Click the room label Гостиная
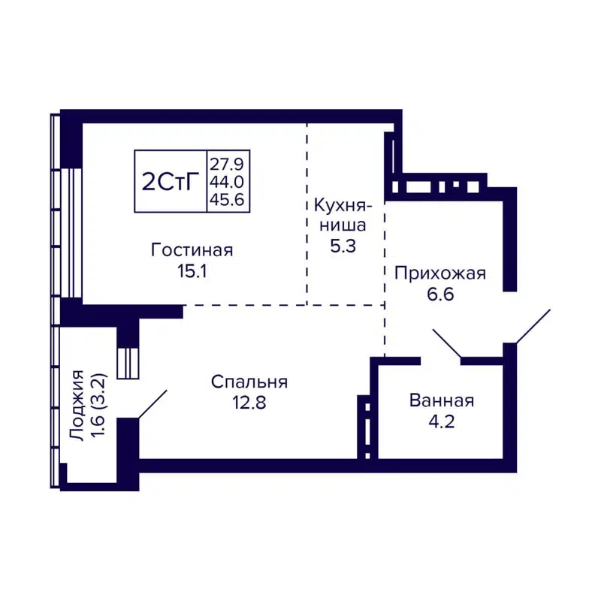click(x=192, y=250)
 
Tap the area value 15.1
click(x=192, y=272)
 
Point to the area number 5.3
click(x=340, y=246)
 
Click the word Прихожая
click(x=440, y=273)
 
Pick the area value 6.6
click(x=440, y=295)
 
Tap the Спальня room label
click(x=249, y=382)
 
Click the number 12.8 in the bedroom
click(x=249, y=403)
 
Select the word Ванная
click(x=441, y=400)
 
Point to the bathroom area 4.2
click(x=441, y=421)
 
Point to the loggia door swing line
click(x=152, y=403)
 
